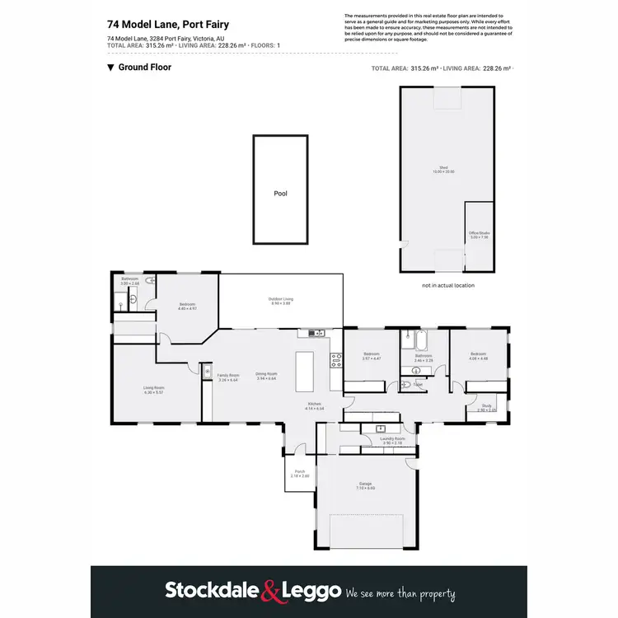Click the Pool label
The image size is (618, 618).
(x=280, y=194)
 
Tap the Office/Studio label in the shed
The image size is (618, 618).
(x=478, y=234)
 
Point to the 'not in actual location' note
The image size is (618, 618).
(x=448, y=285)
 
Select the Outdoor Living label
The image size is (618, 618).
(x=280, y=299)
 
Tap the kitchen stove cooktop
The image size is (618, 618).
(x=335, y=359)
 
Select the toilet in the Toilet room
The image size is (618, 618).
(x=406, y=385)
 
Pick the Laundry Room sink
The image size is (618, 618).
(x=380, y=428)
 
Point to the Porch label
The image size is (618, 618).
(x=299, y=472)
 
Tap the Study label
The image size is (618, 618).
(x=487, y=407)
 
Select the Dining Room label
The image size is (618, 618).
(x=265, y=375)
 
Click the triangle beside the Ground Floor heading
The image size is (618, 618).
(x=110, y=68)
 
